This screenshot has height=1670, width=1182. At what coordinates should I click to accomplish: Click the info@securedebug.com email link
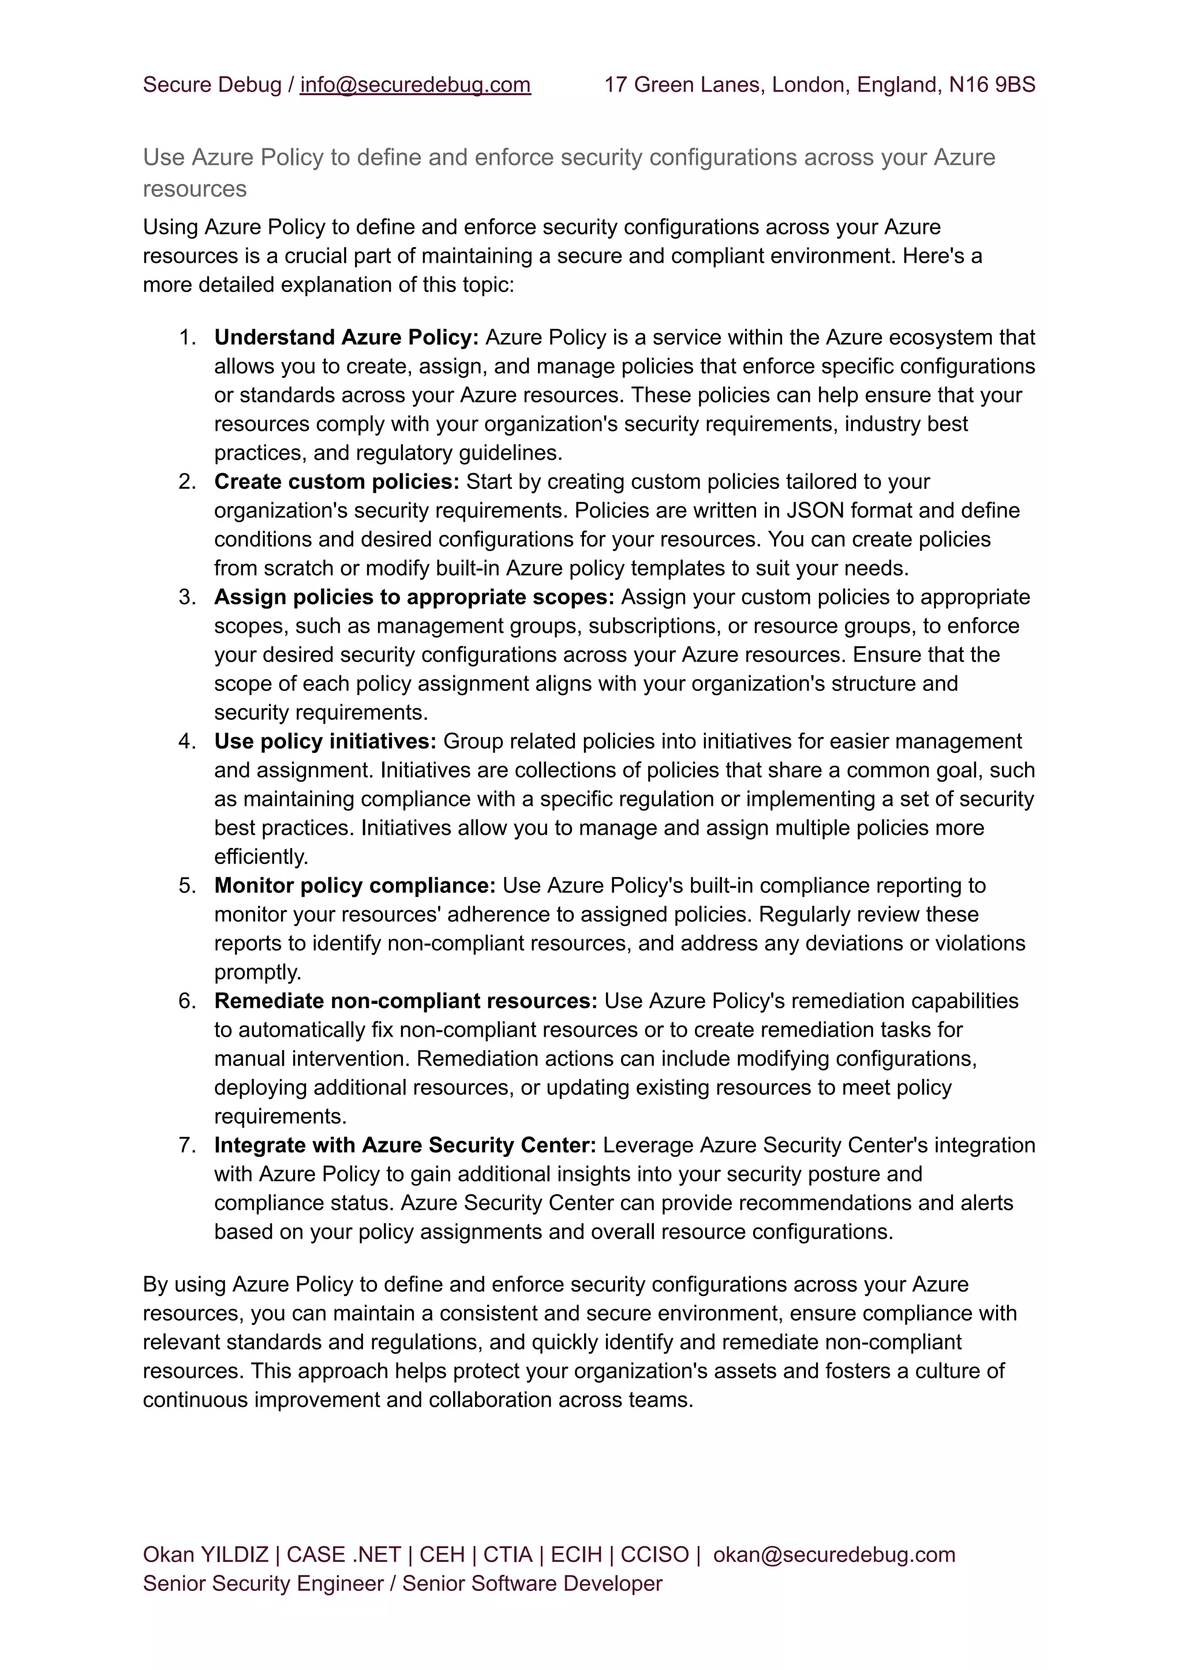point(415,85)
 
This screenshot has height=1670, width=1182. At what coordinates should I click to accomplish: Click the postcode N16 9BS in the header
point(992,85)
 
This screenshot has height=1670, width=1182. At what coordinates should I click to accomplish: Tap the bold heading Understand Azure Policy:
point(346,338)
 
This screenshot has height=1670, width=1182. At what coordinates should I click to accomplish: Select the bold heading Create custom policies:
point(336,482)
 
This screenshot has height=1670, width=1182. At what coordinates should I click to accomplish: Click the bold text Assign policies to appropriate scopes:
point(414,597)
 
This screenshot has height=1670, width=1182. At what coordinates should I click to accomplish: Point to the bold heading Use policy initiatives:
point(324,741)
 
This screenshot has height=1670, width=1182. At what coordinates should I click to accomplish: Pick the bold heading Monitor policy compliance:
point(354,886)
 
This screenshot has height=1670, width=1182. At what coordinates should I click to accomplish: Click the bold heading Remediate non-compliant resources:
point(405,1001)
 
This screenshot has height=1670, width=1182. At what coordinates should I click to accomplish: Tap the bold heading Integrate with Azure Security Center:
point(405,1145)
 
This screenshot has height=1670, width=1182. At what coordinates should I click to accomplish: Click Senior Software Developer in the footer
point(532,1583)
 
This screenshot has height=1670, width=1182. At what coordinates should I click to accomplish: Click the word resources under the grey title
point(194,189)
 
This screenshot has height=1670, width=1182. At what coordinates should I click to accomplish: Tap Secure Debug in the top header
point(212,85)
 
